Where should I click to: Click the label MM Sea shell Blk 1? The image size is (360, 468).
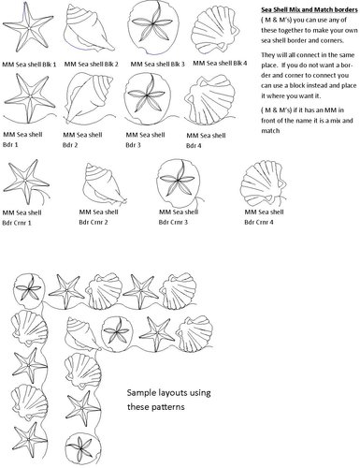coord(29,64)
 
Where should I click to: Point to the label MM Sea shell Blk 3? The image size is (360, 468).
coord(156,64)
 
